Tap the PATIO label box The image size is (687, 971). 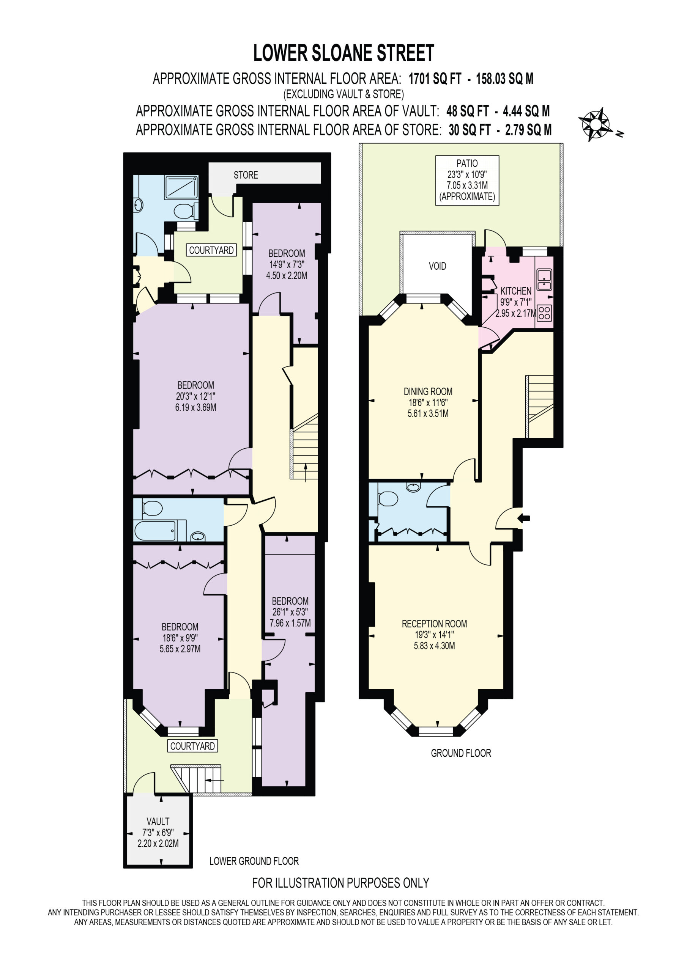pos(467,180)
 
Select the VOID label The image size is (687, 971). pos(437,266)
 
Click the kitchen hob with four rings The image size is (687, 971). pos(544,313)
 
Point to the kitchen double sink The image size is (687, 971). pos(544,280)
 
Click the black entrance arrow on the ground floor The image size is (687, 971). pos(524,518)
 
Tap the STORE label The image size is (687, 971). pos(246,175)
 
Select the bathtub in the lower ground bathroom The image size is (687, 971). pos(155,530)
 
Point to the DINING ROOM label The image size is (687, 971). pos(428,391)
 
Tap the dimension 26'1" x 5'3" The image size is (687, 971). pos(290,612)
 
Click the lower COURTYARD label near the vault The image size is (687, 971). pos(192,746)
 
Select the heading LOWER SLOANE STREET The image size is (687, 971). pos(344,53)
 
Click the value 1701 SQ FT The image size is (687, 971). pos(435,79)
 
